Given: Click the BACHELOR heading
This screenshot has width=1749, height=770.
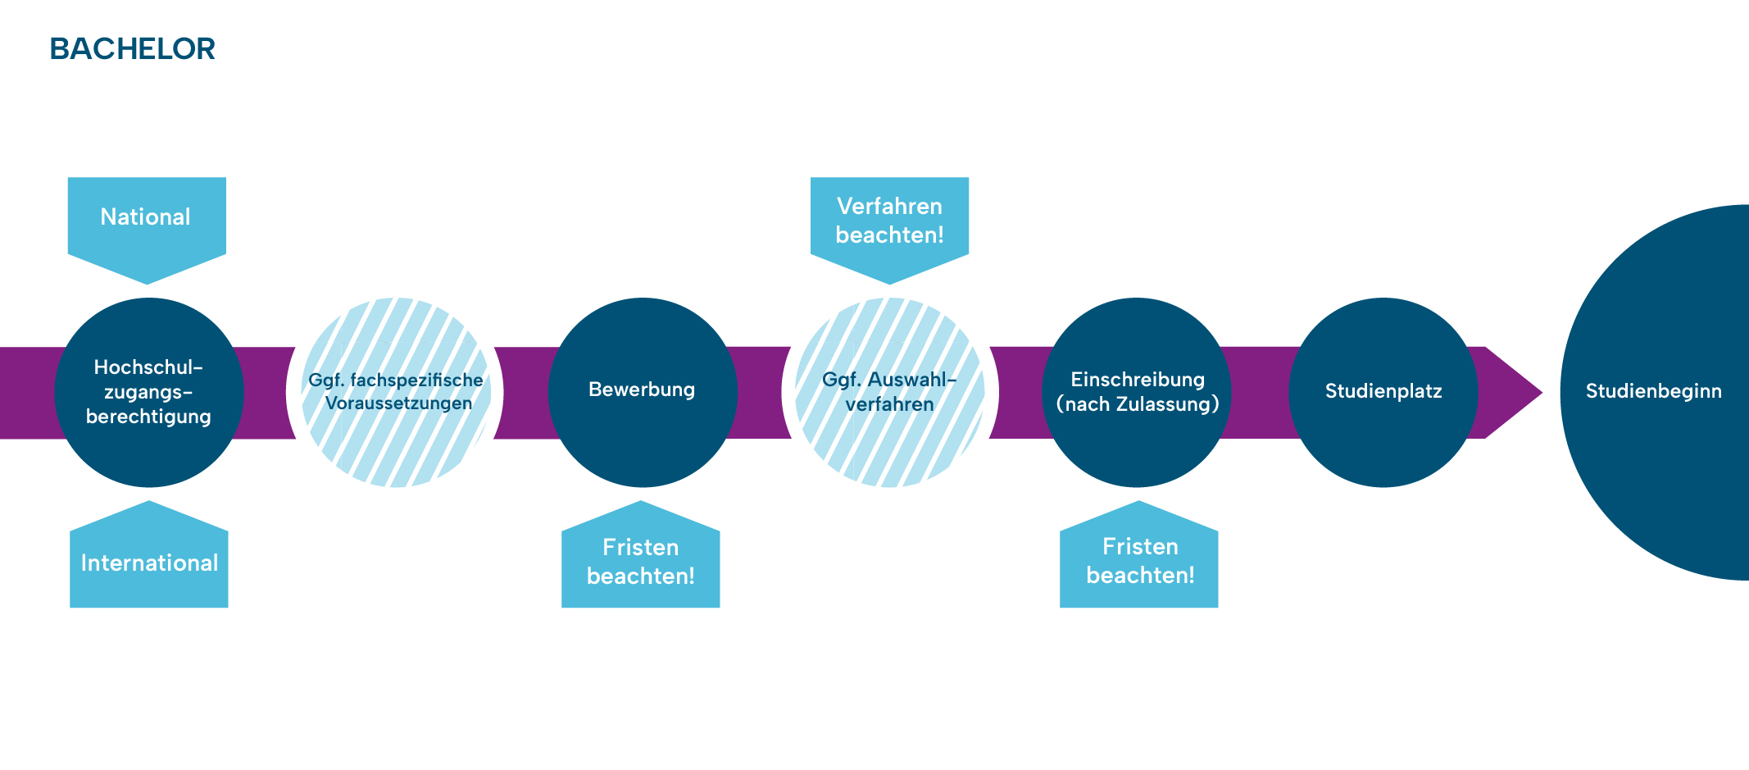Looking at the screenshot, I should (132, 49).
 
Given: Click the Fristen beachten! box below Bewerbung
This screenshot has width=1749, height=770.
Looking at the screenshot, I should (640, 563).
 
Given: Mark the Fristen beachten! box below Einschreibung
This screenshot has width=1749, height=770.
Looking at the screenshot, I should (1139, 562).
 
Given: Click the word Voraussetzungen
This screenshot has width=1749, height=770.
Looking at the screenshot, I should (398, 403).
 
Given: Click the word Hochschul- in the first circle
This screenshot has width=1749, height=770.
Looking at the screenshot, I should (148, 367).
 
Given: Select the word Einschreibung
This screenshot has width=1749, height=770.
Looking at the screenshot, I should (1138, 380).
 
